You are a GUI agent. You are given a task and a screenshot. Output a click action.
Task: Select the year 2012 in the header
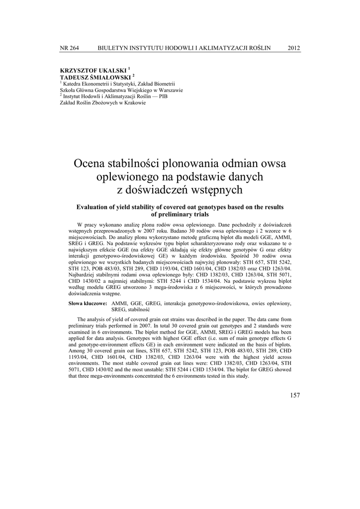tap(294, 48)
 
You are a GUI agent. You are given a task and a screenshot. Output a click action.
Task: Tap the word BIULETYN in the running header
tap(113, 48)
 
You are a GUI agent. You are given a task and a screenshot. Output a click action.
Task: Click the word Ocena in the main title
tap(90, 163)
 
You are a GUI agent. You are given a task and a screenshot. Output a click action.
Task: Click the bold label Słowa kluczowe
tap(88, 303)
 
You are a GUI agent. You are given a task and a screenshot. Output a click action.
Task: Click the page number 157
tap(294, 395)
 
